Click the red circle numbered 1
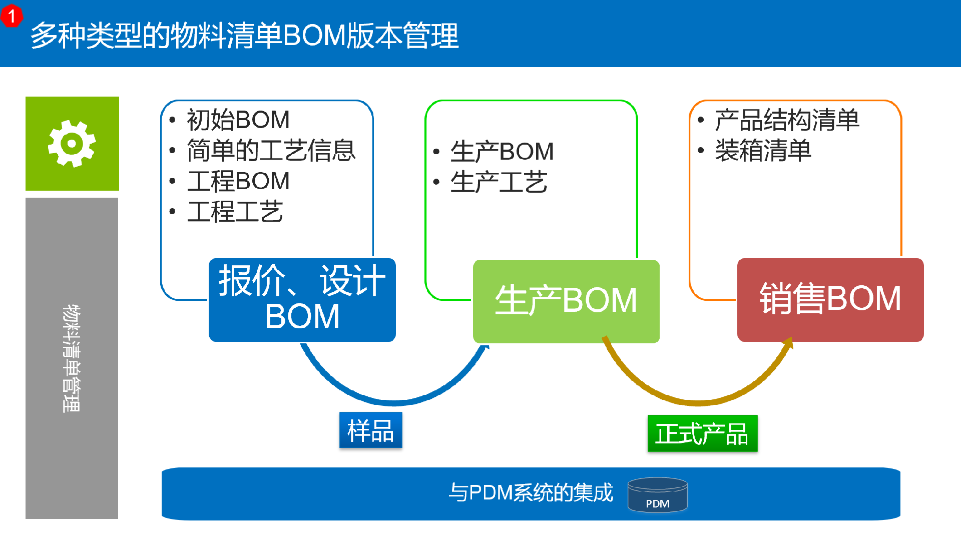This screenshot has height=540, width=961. coord(12,16)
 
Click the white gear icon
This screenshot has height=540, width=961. coord(72,144)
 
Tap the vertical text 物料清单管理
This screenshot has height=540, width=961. coord(72,358)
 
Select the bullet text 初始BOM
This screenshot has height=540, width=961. coord(238,120)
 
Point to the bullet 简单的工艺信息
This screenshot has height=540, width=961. coord(271,151)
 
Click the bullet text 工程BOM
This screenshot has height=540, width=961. coord(238,181)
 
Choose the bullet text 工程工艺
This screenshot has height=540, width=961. coord(235,212)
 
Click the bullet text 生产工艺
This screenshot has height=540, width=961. coord(499,182)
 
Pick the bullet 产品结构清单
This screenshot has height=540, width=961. coord(787,120)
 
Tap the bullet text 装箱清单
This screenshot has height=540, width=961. coord(763,151)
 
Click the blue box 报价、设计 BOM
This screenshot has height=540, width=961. coord(302,300)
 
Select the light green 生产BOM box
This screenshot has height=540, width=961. coord(566,301)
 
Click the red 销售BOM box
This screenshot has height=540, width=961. coord(830,300)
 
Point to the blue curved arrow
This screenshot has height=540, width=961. coord(394,402)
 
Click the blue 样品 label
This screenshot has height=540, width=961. coord(371,430)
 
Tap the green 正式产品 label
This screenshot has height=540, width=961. coord(702,433)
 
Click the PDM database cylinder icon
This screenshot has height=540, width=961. coord(658,495)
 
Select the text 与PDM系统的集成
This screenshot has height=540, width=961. coord(531,492)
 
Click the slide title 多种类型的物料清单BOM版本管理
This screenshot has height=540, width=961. coord(245,36)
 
